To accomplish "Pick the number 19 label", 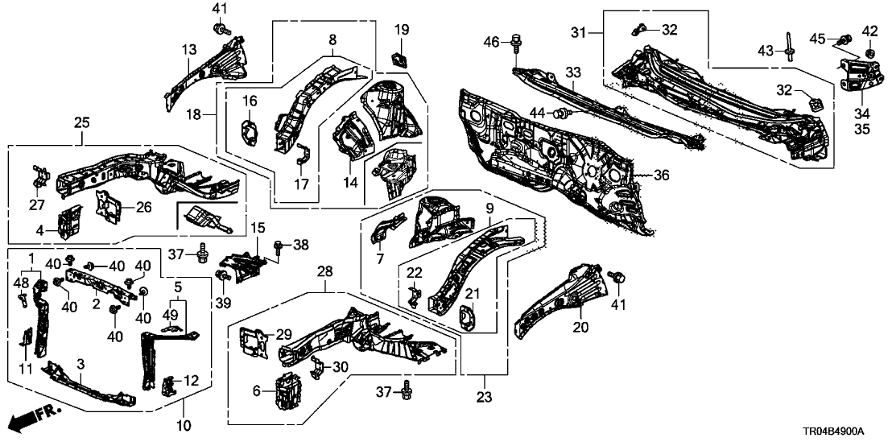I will point(400,31).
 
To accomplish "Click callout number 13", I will point(188,51).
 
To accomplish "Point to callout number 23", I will point(484,397).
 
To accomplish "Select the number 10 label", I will point(183,424).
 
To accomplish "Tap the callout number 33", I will point(572,73).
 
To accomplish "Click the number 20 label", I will point(580,328).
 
